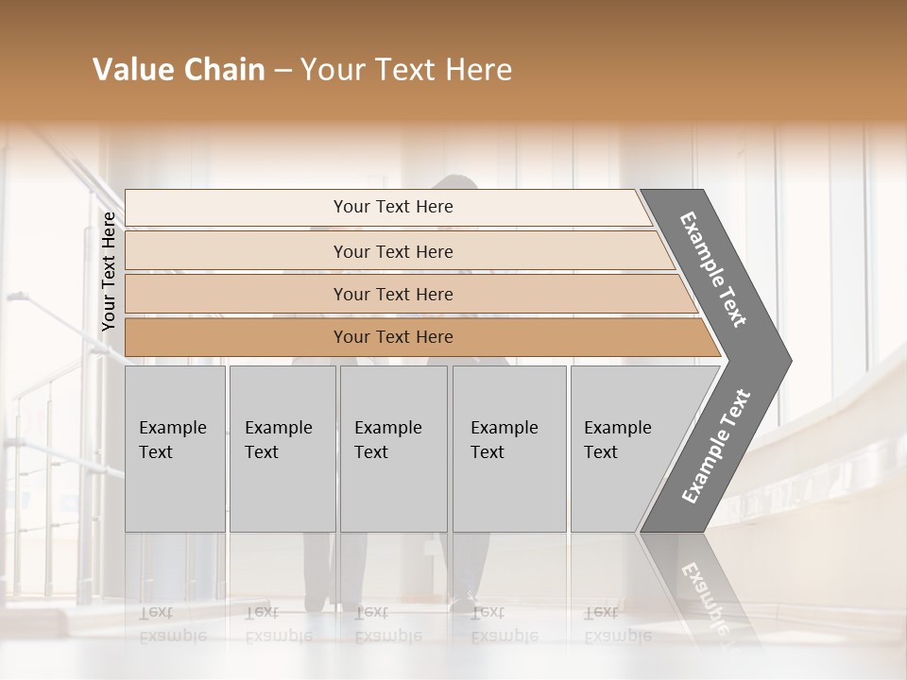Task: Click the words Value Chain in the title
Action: (x=179, y=70)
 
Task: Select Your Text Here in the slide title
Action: (x=406, y=70)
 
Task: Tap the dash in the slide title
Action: (x=282, y=71)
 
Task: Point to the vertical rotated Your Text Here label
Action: (x=109, y=271)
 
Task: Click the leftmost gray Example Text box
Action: (x=175, y=449)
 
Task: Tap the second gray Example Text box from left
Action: (x=282, y=449)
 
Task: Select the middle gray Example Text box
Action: (x=393, y=449)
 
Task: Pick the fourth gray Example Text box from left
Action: (x=509, y=449)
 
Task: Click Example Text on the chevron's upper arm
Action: (x=713, y=269)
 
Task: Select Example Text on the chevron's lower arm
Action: (x=716, y=446)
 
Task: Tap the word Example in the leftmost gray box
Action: (x=172, y=428)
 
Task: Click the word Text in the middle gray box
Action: (x=371, y=452)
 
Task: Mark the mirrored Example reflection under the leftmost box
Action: (x=172, y=636)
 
